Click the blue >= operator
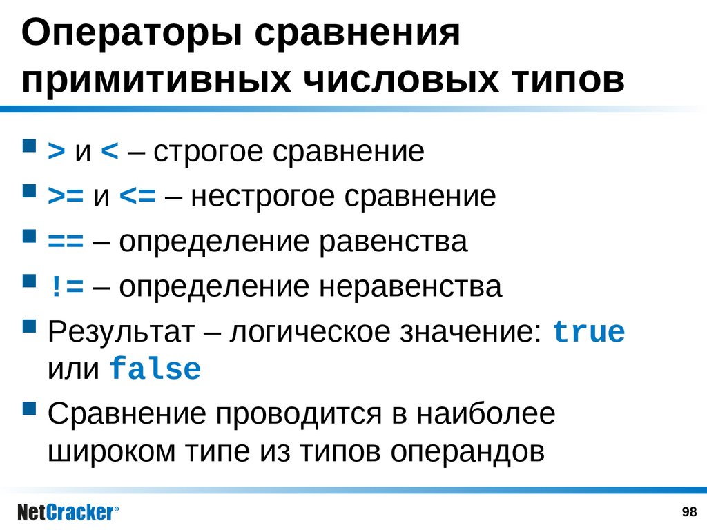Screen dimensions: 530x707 (65, 197)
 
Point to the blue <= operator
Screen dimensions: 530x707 (137, 197)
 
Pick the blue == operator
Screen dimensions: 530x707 (65, 242)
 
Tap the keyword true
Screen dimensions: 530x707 (589, 333)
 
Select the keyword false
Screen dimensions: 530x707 (155, 369)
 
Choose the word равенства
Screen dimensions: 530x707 (392, 242)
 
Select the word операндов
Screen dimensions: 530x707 (467, 451)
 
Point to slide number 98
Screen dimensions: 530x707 (688, 511)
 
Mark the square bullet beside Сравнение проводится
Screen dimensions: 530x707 (29, 408)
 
